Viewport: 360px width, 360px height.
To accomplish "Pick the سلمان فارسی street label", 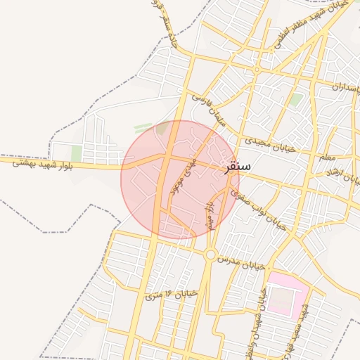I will pos(210,112).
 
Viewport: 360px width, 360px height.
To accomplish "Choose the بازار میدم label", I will pos(209,214).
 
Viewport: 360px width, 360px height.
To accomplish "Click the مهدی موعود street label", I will pos(179,180).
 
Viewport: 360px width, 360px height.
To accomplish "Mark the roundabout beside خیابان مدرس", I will pos(210,255).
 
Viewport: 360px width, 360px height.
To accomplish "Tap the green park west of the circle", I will pos(77,153).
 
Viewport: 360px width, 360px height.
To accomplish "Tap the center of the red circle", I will pos(180,179).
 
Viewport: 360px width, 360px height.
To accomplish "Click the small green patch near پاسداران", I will pos(297,99).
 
